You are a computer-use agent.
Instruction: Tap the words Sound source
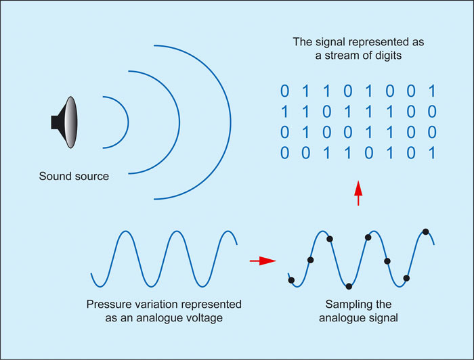74,177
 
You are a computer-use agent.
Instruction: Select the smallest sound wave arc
127,122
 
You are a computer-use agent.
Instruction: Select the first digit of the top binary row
285,91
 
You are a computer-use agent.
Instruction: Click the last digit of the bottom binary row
432,153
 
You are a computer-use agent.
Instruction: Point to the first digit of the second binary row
285,112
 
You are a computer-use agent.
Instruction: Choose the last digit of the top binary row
432,91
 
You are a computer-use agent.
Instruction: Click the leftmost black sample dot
291,280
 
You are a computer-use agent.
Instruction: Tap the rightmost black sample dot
425,231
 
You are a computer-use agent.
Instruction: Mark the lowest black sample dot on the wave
349,286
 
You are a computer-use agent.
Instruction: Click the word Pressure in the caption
107,305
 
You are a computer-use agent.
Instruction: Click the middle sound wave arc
178,122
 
